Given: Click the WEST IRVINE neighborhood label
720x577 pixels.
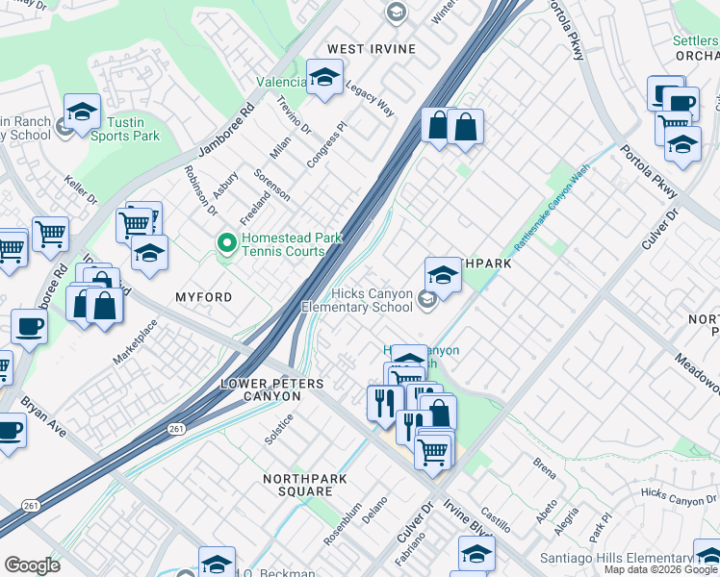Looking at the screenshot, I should point(371,49).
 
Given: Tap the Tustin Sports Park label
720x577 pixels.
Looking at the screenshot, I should point(125,129).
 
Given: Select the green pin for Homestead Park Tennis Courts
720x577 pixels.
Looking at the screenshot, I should point(227,243).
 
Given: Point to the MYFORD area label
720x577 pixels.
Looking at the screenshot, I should point(203,298).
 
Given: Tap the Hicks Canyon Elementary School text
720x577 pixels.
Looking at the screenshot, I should point(358,301).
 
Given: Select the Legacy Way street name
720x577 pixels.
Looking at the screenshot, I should point(370,98).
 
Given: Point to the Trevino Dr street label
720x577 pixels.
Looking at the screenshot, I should point(294,114).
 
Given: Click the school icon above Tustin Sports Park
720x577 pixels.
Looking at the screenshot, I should point(82,113).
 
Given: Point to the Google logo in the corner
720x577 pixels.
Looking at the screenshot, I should point(33,565).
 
